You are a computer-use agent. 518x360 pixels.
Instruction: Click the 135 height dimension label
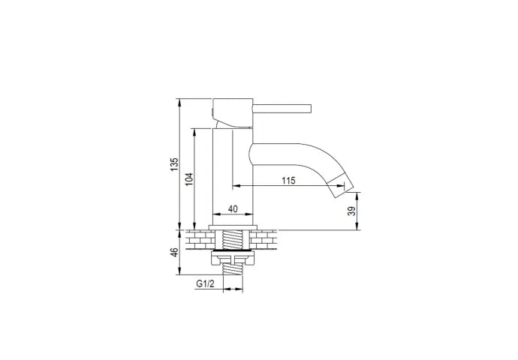(x=174, y=164)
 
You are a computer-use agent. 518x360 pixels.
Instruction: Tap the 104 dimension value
(x=189, y=178)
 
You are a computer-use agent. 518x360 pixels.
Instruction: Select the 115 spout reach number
(x=288, y=181)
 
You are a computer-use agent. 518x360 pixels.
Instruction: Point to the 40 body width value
(x=233, y=208)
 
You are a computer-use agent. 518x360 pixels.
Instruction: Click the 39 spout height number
(x=353, y=211)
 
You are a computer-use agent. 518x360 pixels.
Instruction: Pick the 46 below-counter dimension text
(x=174, y=252)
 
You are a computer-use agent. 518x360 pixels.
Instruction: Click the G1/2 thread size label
(x=205, y=283)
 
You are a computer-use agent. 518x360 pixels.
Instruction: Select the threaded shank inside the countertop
(x=233, y=240)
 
